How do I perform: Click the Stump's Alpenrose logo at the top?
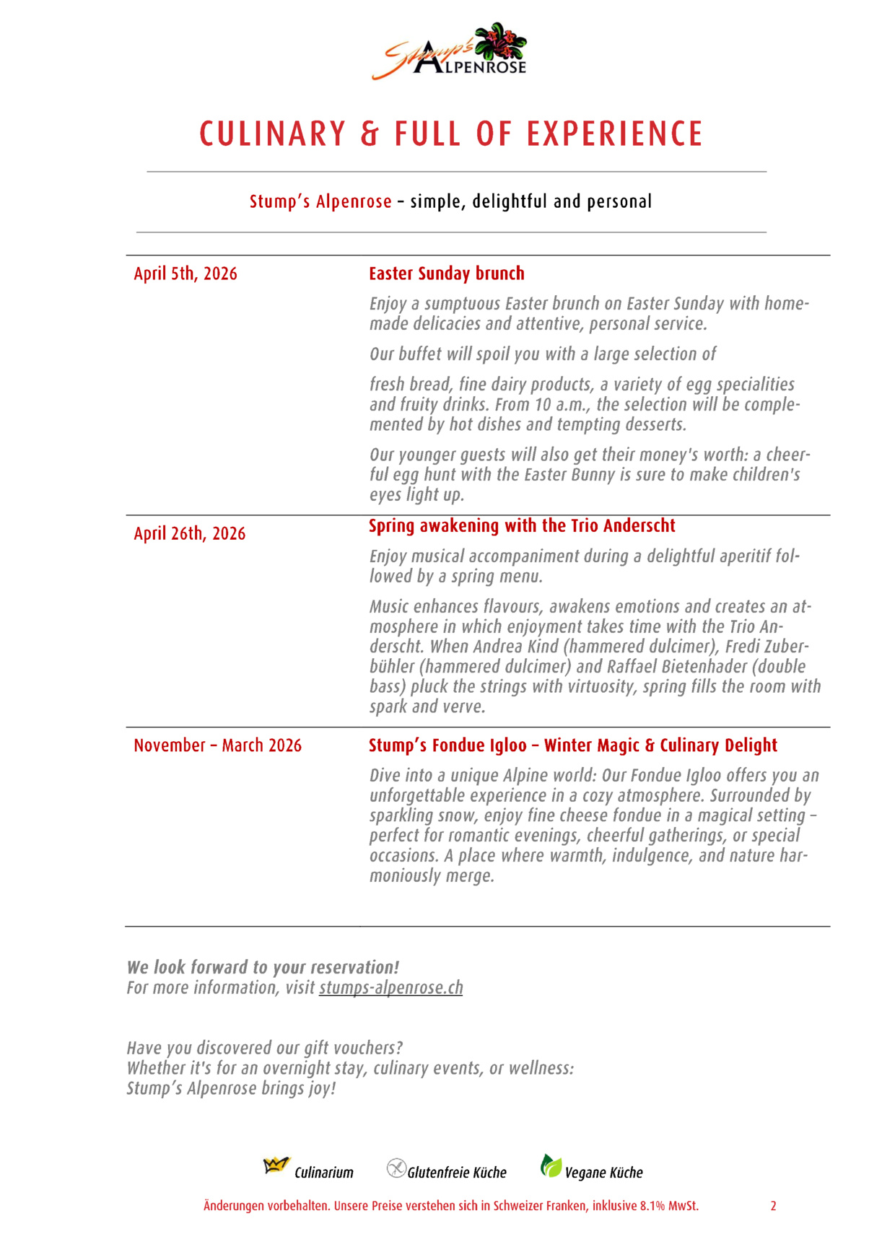click(x=450, y=51)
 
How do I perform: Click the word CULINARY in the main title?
click(x=273, y=134)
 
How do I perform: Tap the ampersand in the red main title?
click(x=370, y=134)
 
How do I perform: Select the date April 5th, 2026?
click(x=185, y=274)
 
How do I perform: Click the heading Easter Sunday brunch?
click(x=446, y=274)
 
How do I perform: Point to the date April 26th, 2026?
click(x=189, y=534)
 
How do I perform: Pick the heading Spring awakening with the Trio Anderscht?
click(x=522, y=526)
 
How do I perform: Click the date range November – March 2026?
click(x=217, y=745)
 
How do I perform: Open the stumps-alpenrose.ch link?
click(x=390, y=988)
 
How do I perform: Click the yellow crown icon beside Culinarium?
click(x=276, y=1165)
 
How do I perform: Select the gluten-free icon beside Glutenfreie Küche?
click(x=396, y=1168)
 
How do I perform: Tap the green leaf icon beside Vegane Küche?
click(x=551, y=1165)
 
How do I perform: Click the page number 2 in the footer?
click(x=773, y=1206)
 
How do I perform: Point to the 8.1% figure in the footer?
click(x=652, y=1206)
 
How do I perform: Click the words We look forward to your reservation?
click(x=263, y=968)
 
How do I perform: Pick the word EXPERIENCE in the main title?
click(x=614, y=134)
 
